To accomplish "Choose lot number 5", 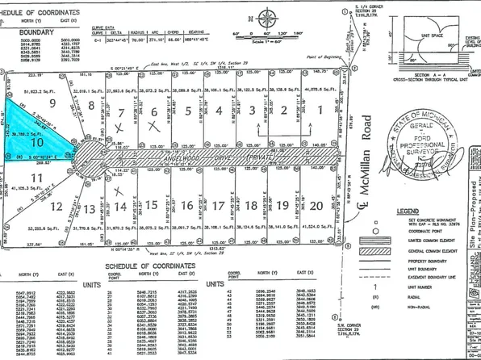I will (187, 111).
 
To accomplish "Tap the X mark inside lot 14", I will (120, 191).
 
